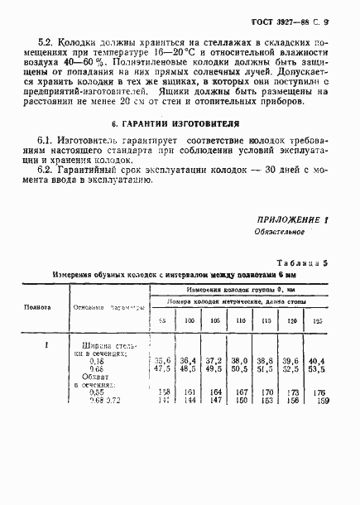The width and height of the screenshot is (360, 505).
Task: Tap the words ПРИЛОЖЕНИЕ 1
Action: tap(295, 220)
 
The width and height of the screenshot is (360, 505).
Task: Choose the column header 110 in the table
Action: tap(240, 320)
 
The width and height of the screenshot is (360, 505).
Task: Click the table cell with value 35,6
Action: tap(162, 361)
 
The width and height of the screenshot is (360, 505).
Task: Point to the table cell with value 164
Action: tap(215, 392)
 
